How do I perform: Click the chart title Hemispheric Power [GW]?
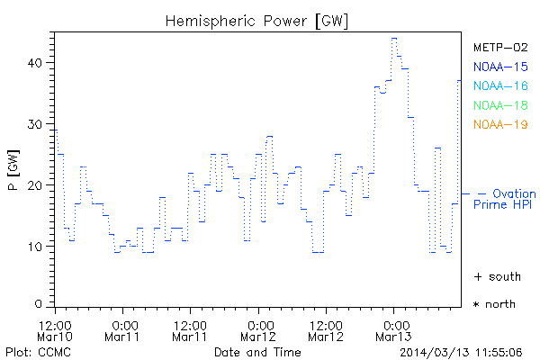256,21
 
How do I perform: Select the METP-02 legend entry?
499,47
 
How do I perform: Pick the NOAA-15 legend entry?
499,66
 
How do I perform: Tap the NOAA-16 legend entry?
499,85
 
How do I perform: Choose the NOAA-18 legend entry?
499,105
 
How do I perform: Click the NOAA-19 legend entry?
499,124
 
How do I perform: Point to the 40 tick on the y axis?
35,63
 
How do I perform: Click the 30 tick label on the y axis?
35,124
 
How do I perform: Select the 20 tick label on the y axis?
35,185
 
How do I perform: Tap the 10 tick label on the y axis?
35,247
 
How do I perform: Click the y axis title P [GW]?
13,171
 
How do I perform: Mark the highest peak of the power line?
394,39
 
